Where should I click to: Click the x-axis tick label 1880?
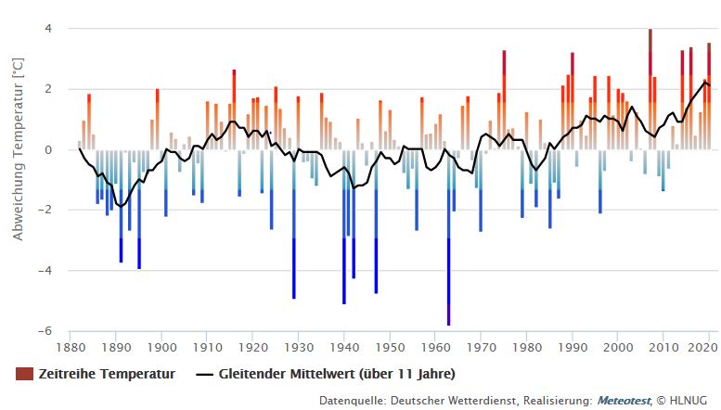coord(71,348)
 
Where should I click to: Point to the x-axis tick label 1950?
coord(390,348)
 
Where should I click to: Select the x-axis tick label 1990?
coord(573,348)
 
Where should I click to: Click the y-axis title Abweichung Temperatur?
coord(17,149)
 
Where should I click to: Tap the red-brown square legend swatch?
coord(24,374)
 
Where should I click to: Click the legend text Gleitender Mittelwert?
coord(337,374)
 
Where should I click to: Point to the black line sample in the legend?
coord(206,374)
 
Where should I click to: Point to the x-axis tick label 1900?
coord(161,348)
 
